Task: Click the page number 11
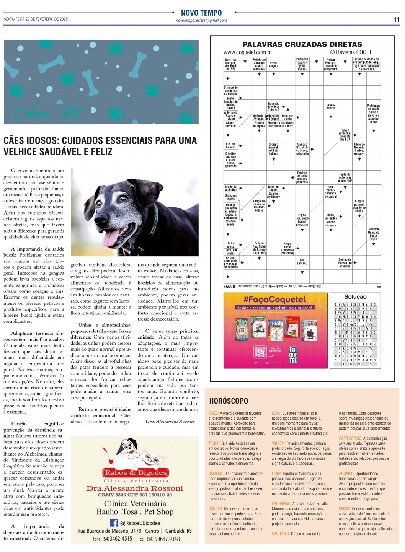396,20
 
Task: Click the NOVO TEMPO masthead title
201,13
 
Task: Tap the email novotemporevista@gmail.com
201,20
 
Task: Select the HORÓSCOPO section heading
229,401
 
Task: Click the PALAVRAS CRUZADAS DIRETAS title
302,44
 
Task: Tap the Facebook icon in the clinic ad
114,523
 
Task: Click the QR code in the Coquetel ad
260,352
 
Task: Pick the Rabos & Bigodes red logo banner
136,472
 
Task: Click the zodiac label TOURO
214,443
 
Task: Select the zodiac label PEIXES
345,509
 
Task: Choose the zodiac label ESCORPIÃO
281,504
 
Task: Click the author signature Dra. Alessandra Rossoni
170,421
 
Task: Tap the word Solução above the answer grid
355,297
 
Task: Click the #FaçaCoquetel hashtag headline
274,300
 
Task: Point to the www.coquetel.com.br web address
248,52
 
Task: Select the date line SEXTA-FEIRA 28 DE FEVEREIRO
36,19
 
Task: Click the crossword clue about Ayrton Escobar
330,64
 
